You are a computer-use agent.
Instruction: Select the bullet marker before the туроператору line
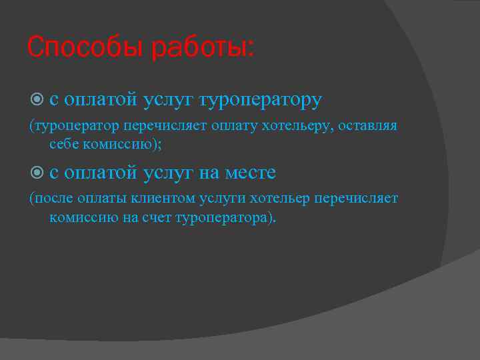tap(37, 99)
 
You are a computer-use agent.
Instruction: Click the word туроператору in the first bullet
tap(266, 100)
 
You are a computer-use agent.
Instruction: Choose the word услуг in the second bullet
tap(169, 173)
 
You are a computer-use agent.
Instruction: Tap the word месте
tap(251, 173)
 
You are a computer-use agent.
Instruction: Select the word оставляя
tap(369, 126)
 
